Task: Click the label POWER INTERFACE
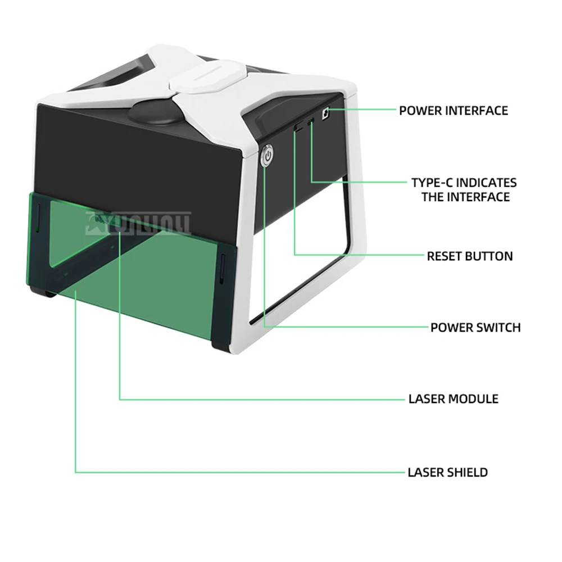(453, 111)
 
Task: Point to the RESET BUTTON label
(469, 256)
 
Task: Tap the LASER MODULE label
(453, 399)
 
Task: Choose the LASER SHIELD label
(447, 472)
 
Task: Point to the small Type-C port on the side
(310, 123)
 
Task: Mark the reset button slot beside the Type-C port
(297, 128)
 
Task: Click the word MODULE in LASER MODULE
(474, 399)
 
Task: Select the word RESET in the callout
(445, 256)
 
